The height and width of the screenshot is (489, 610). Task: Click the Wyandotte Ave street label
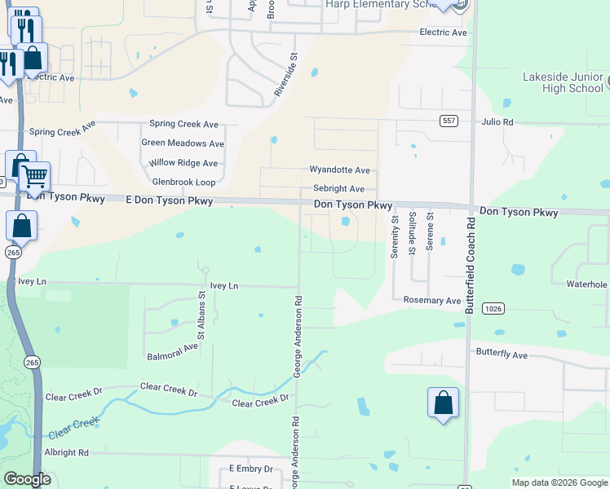pos(339,170)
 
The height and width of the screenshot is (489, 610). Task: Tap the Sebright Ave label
pos(338,188)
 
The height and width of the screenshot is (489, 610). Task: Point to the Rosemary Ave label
pos(432,301)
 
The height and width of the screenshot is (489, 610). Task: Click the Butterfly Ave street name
pos(502,355)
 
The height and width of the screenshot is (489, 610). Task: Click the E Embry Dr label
pos(250,469)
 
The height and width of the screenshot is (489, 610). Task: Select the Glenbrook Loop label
pos(183,182)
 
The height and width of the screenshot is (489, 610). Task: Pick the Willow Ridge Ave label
pos(183,163)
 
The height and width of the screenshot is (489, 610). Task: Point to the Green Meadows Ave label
pos(183,143)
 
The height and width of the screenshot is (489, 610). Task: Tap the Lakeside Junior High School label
pos(563,83)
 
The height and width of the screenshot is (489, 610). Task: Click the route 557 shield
pos(448,121)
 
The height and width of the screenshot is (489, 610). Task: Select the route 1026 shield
pos(493,308)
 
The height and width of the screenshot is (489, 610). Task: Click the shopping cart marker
pos(34,175)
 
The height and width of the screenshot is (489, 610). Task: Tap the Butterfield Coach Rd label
pos(470,265)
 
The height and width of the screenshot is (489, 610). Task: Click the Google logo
pos(27,479)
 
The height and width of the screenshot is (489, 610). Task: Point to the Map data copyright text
pos(559,482)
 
